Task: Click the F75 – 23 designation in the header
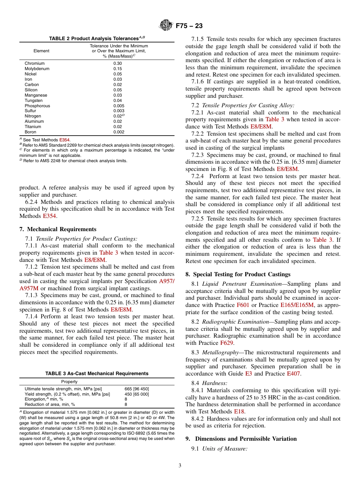coord(189,26)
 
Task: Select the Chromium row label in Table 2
coord(34,63)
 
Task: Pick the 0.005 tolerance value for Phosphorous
coord(119,106)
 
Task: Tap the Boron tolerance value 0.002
coord(119,132)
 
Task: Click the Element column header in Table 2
coord(41,51)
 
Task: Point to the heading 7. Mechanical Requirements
coord(58,229)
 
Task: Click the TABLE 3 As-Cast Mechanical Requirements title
coord(97,374)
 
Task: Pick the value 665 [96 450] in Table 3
coord(137,389)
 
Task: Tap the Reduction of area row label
coord(50,404)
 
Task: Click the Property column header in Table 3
coord(69,382)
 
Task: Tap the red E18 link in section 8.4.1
coord(239,411)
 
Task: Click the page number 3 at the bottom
coord(180,466)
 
